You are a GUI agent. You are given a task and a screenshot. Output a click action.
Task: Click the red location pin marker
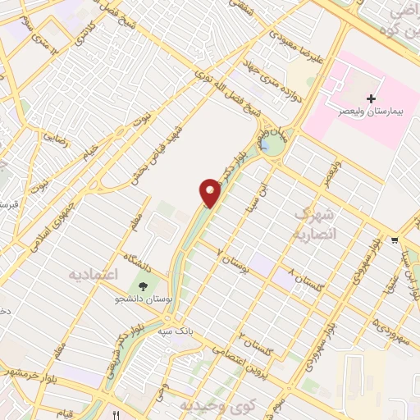[211, 192]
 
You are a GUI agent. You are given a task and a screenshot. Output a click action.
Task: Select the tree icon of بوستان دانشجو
[144, 286]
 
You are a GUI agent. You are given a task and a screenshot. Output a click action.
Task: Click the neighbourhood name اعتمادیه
[95, 272]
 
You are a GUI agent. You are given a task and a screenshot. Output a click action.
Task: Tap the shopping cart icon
[395, 240]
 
